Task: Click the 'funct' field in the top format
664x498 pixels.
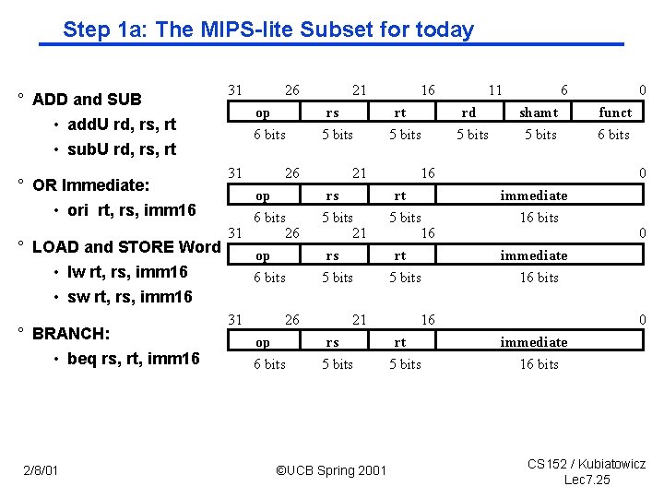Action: click(x=615, y=113)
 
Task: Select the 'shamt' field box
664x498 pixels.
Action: click(x=539, y=113)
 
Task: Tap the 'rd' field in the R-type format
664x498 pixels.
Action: click(x=468, y=113)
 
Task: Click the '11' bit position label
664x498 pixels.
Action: click(x=495, y=90)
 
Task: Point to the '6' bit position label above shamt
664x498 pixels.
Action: click(x=564, y=90)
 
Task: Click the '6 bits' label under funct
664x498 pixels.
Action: click(x=613, y=135)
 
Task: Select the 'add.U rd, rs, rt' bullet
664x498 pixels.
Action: click(x=122, y=125)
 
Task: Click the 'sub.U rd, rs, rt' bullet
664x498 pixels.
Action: click(x=122, y=149)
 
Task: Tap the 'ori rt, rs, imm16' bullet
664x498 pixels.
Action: click(x=132, y=210)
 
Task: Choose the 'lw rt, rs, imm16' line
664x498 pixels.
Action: click(x=127, y=271)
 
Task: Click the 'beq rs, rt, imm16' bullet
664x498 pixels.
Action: click(x=133, y=358)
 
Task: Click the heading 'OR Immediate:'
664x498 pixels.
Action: click(x=90, y=185)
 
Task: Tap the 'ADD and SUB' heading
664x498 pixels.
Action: click(x=87, y=100)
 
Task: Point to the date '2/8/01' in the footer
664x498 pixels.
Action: click(x=41, y=471)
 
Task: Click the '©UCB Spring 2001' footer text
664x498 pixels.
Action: click(x=331, y=471)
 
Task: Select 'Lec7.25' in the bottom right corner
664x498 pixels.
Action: click(x=587, y=480)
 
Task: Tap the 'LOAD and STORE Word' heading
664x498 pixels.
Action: click(x=126, y=246)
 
